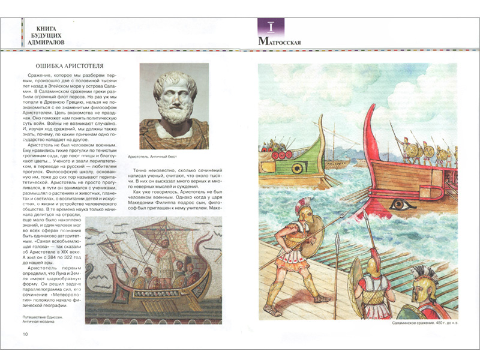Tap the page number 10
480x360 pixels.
[x=24, y=334]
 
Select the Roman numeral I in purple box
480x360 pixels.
[x=271, y=27]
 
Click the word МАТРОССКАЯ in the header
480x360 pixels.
[x=279, y=42]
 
